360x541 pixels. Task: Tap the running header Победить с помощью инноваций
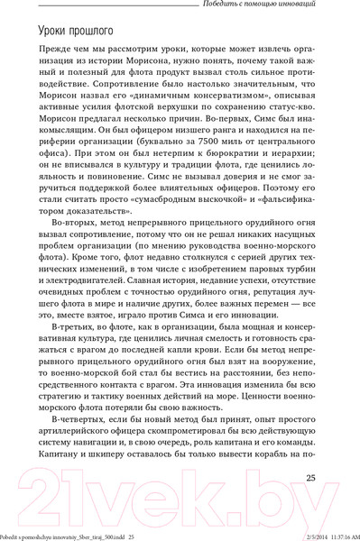coord(274,6)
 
